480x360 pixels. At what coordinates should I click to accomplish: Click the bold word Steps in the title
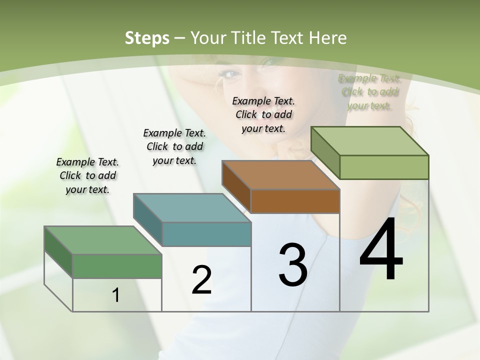click(147, 38)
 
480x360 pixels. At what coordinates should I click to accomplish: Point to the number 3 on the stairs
click(293, 265)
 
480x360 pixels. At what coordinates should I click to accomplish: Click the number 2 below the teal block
click(201, 280)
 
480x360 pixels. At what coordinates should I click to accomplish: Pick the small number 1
click(116, 295)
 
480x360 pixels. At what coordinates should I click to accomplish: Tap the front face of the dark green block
click(117, 266)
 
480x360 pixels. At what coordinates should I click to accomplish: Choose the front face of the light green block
click(383, 167)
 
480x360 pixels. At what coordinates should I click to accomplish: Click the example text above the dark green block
click(87, 175)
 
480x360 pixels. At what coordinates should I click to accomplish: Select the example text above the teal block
click(174, 146)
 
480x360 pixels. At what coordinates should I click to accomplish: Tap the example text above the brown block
click(263, 114)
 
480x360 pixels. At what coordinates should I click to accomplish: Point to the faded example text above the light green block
click(369, 92)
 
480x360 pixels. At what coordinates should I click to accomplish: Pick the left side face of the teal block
click(147, 220)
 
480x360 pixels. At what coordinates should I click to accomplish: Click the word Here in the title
click(327, 38)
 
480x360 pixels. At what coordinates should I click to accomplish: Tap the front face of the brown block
click(295, 201)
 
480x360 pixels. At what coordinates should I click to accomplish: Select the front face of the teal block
click(206, 234)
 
